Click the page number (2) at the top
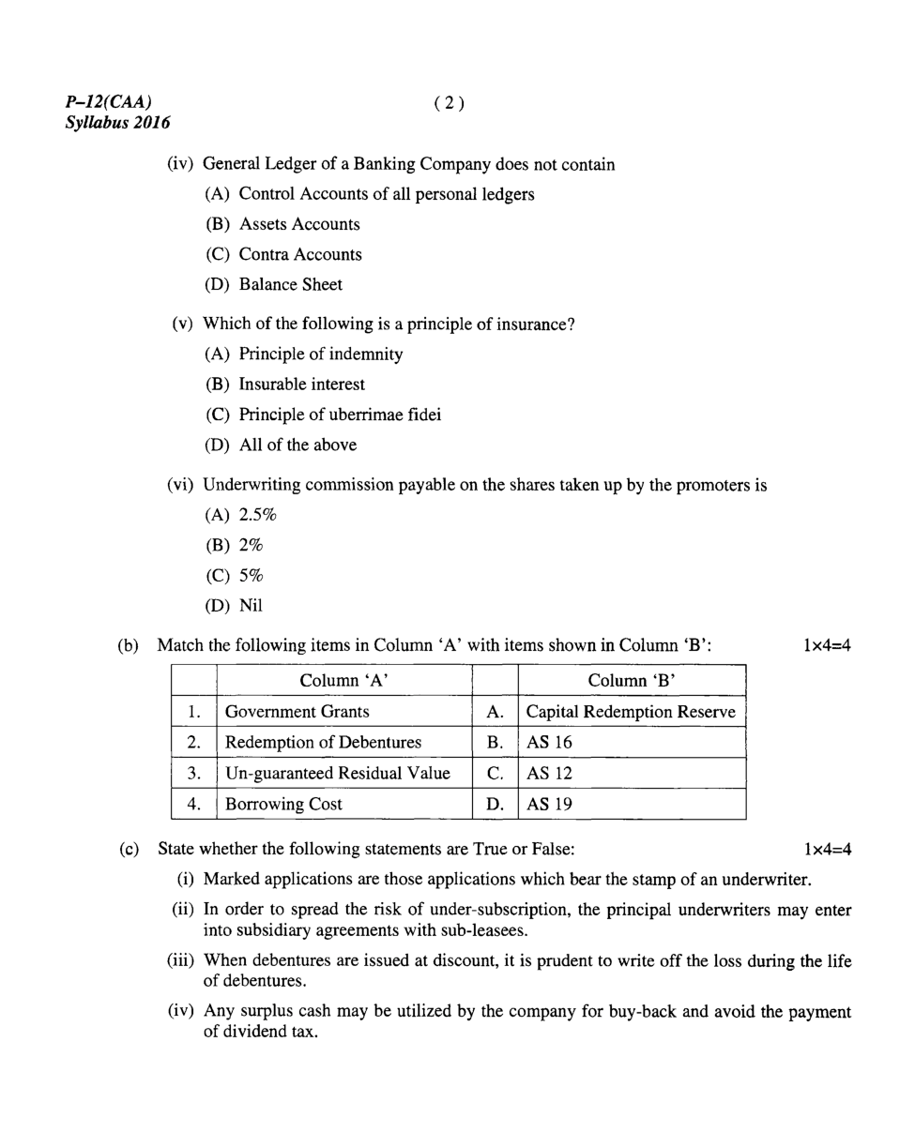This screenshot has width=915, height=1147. click(x=450, y=103)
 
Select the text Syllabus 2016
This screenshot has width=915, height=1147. click(x=118, y=122)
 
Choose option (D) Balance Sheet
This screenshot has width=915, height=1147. click(x=273, y=284)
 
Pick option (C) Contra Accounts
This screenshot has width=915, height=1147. click(x=282, y=254)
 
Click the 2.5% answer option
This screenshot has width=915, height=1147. click(x=258, y=516)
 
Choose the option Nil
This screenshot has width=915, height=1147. click(x=251, y=605)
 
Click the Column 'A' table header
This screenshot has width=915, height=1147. click(x=343, y=680)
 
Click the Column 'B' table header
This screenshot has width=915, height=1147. click(x=632, y=680)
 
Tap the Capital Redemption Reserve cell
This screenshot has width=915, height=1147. click(x=631, y=712)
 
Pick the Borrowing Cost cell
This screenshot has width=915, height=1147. click(x=284, y=804)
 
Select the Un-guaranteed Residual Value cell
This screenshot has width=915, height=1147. click(x=338, y=774)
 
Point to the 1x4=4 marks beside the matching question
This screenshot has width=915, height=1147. click(x=827, y=645)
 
